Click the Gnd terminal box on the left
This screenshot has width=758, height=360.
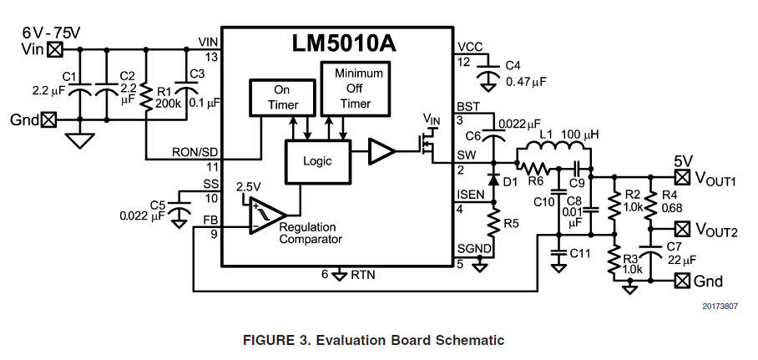pyautogui.click(x=49, y=119)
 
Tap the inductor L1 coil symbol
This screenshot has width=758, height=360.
pyautogui.click(x=553, y=150)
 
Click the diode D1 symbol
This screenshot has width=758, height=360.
pyautogui.click(x=493, y=179)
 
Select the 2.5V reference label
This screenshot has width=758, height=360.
pyautogui.click(x=250, y=185)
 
